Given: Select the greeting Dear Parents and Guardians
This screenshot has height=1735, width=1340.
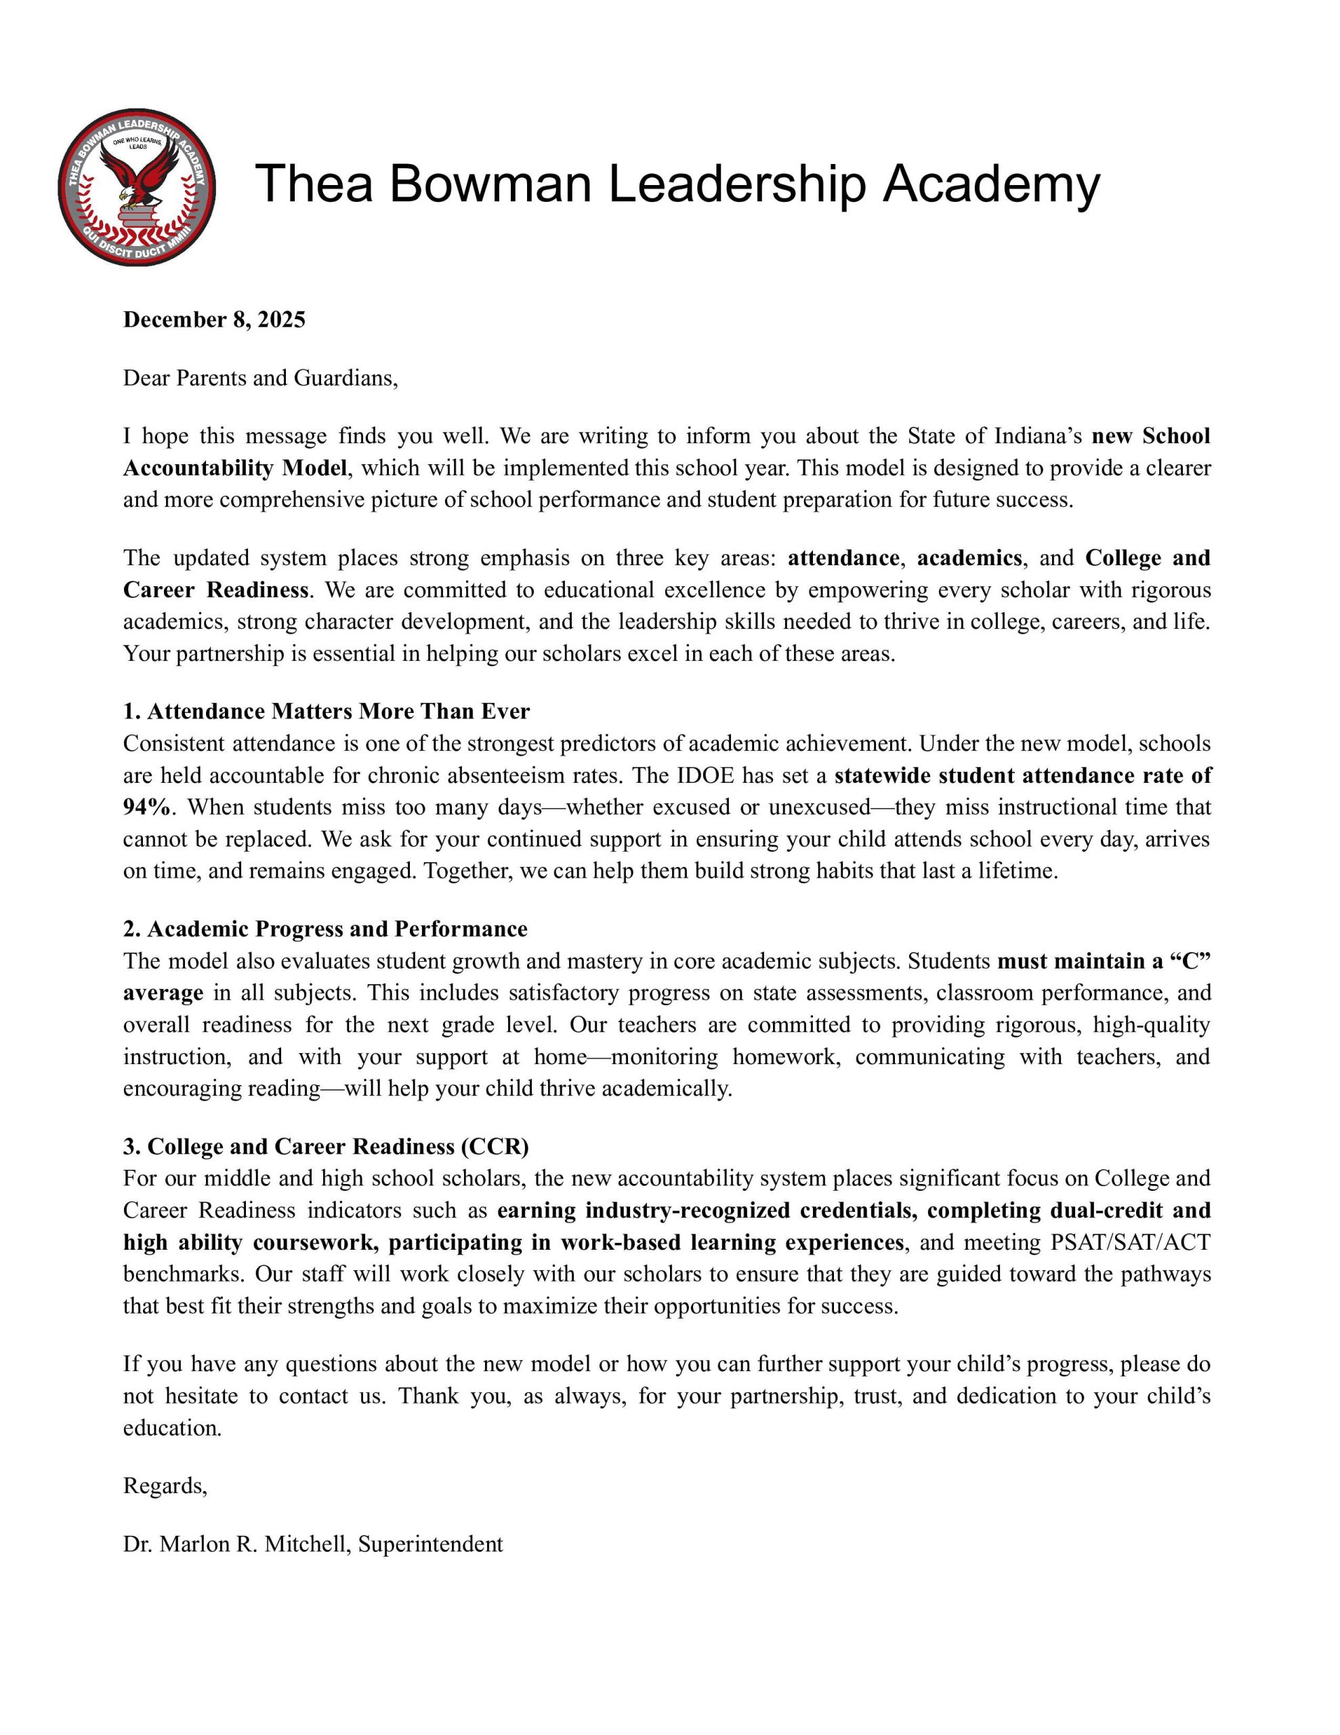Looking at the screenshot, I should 259,377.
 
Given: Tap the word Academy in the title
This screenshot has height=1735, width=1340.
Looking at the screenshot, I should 991,184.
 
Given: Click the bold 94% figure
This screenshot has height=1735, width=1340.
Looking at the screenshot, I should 146,807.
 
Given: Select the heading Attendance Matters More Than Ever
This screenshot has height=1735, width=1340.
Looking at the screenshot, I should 326,711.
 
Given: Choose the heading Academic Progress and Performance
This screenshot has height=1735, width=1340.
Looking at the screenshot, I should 325,928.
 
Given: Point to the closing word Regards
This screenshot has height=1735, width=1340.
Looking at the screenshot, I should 165,1486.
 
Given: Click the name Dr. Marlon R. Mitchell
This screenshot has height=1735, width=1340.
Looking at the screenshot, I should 236,1544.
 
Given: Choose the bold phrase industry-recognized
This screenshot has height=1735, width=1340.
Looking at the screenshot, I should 688,1210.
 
